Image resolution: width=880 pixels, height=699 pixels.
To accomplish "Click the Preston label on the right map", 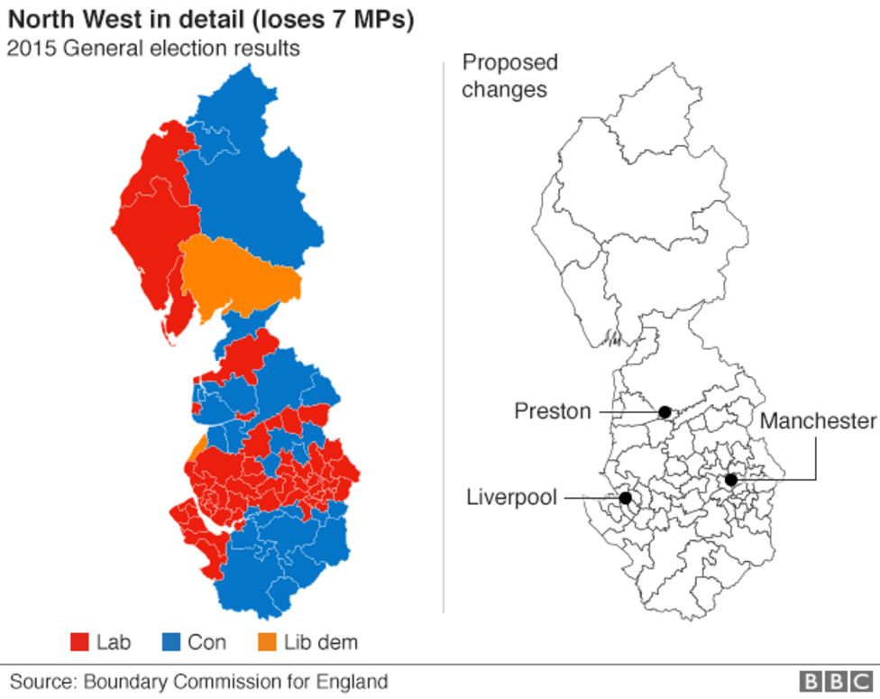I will pos(552,411).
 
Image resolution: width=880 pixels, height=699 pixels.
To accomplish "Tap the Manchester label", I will pos(818,420).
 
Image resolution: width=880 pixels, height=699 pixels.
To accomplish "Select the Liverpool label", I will pos(511,497).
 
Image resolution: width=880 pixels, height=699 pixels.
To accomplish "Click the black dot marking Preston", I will pos(665,412).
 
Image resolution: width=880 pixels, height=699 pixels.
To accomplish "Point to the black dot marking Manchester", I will pos(731,480).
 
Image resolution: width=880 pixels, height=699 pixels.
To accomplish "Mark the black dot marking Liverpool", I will pos(625,497).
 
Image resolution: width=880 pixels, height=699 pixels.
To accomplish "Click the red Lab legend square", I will pos(79,642).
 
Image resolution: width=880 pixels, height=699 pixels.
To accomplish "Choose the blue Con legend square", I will pos(170,642).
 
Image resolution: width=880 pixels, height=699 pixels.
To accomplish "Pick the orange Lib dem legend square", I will pos(267,642).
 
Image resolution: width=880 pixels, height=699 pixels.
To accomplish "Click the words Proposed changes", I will pos(509,76).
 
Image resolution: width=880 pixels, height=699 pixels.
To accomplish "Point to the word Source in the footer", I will pos(40,681).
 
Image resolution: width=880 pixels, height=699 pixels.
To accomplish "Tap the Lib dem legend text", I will pos(320,642).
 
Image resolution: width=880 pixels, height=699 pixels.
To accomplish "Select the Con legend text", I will pos(206,642).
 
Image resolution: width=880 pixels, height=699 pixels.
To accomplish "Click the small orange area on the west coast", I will pos(197,446).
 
